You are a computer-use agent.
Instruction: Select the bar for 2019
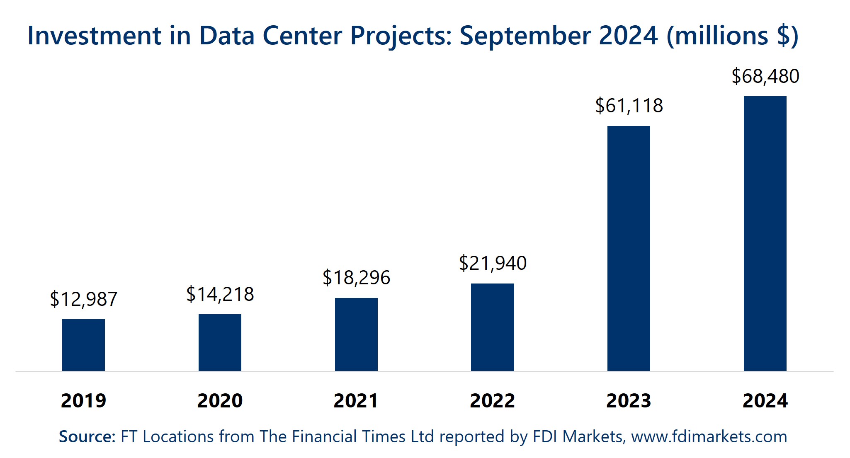(83, 345)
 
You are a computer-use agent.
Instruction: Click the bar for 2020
(220, 342)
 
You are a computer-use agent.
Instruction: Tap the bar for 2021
(356, 334)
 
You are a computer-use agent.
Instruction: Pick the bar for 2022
(492, 327)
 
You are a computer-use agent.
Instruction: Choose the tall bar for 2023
(629, 249)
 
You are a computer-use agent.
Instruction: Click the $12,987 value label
(83, 299)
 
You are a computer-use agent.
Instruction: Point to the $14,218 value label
(220, 294)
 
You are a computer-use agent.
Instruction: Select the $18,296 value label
(356, 278)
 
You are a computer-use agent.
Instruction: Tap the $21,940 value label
(492, 263)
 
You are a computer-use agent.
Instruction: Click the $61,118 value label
(629, 106)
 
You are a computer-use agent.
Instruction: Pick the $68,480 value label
(765, 76)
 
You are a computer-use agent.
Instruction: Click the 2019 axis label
(83, 401)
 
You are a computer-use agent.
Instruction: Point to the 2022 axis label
(492, 401)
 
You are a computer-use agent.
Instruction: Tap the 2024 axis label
(765, 401)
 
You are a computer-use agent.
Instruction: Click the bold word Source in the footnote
(86, 437)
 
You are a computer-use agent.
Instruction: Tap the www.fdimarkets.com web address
(709, 437)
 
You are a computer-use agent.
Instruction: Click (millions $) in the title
(732, 36)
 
